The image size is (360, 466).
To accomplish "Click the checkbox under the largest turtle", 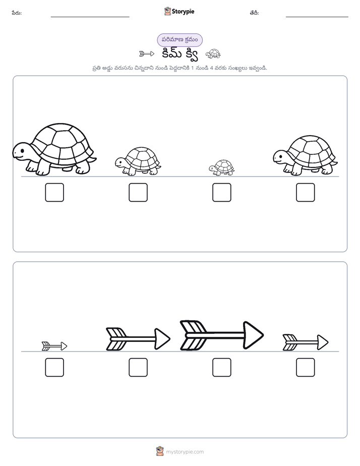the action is click(54, 192).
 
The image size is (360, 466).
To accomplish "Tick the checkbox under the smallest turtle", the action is click(221, 192).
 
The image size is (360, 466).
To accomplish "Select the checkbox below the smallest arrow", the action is click(54, 367).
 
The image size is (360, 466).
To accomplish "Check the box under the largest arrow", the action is click(221, 367).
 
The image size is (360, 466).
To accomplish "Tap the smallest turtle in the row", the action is click(221, 167).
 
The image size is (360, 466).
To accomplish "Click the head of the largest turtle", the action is click(21, 151).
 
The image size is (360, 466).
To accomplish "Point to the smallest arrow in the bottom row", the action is click(54, 346).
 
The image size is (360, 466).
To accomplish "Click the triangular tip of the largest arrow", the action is click(253, 335).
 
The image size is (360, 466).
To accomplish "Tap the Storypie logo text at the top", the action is click(183, 12).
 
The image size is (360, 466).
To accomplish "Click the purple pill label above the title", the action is click(179, 40).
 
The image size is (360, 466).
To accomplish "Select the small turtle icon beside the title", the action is click(213, 54).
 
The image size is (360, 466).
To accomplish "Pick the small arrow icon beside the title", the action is click(147, 54).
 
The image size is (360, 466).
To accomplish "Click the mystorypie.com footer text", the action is click(185, 452).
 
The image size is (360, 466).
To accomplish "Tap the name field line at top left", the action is click(90, 17).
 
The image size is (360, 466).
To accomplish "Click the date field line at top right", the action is click(317, 17).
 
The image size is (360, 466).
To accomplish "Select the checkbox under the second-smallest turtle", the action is click(138, 192).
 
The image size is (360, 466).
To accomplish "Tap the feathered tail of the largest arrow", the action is click(193, 335).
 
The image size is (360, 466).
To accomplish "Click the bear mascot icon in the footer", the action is click(160, 451).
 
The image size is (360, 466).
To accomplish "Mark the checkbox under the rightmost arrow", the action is click(306, 367).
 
